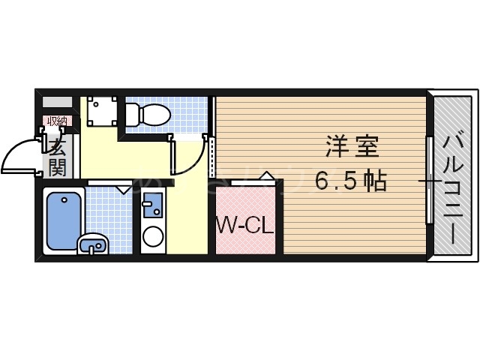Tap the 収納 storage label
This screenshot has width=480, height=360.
57,120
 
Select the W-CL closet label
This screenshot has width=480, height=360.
244,224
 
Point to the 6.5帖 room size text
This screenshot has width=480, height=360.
350,181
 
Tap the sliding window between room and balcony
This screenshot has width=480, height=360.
429,180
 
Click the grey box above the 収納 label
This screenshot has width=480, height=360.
57,101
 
